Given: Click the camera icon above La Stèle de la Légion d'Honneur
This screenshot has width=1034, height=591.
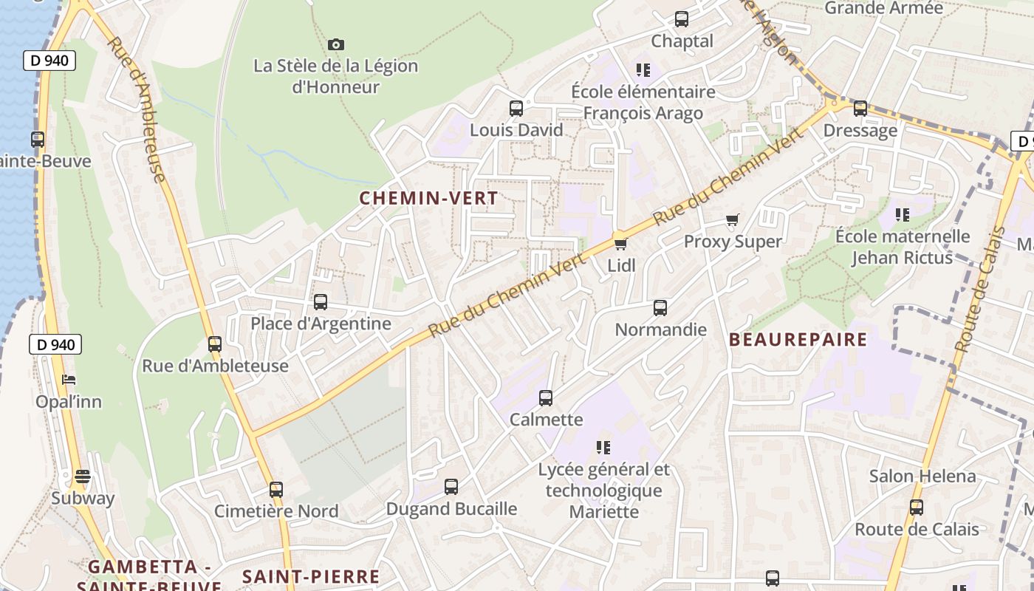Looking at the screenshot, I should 336,45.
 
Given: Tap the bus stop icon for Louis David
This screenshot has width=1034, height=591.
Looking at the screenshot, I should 516,109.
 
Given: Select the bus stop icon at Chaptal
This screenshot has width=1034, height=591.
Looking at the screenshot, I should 682,19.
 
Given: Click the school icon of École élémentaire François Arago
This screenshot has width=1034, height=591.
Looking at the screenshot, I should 643,70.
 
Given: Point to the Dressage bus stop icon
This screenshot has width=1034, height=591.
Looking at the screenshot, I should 860,109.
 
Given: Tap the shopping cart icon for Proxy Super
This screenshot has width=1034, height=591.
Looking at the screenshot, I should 733,219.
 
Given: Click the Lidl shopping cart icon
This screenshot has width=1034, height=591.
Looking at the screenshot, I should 620,243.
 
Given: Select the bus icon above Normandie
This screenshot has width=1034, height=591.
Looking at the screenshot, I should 660,308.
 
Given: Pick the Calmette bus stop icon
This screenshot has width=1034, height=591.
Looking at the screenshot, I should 546,398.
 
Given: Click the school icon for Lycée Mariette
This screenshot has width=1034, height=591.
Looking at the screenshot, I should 603,447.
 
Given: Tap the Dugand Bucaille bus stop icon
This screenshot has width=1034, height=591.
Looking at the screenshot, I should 451,487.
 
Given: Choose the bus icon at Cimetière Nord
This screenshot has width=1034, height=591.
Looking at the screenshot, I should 276,489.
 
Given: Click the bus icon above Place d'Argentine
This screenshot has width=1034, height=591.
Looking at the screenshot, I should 321,302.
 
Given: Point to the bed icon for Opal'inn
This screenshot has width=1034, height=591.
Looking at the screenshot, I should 69,380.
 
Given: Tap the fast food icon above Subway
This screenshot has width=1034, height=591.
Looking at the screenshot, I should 83,476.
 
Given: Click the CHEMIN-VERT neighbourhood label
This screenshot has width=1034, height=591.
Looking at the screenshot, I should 428,198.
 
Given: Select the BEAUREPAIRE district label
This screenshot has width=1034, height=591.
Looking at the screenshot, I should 798,340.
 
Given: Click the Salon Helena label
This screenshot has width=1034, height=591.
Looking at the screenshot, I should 922,476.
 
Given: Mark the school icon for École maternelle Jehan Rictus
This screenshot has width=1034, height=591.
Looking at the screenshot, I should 902,215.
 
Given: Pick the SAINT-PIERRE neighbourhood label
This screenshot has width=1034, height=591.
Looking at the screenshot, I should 311,576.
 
